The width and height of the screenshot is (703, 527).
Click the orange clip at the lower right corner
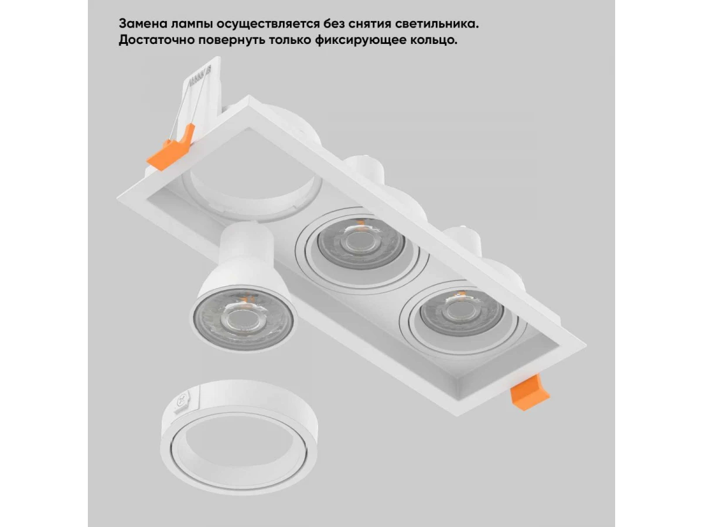coord(529,392)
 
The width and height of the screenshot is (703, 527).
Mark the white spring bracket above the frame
coord(201,96)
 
